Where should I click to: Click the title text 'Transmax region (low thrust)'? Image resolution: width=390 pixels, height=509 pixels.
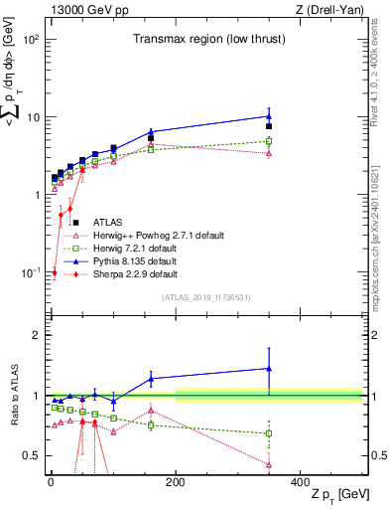click(x=206, y=39)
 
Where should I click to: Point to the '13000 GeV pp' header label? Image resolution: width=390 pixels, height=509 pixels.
click(x=82, y=10)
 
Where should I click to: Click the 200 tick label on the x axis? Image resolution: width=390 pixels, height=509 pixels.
click(x=176, y=481)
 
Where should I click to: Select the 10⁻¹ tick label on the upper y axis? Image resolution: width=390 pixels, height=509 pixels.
click(x=29, y=272)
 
